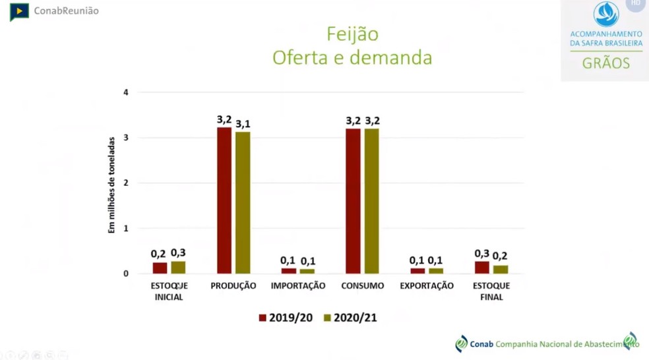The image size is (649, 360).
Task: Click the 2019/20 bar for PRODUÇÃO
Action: [224, 200]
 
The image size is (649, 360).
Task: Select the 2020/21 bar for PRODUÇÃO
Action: [243, 202]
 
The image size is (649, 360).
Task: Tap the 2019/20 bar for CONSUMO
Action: [353, 201]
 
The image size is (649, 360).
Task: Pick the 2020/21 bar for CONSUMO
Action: [372, 201]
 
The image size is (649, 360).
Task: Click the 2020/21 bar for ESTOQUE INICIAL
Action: [178, 267]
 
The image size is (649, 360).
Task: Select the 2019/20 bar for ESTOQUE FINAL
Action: [482, 267]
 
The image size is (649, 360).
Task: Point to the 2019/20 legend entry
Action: [286, 318]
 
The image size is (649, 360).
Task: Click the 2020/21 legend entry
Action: [350, 318]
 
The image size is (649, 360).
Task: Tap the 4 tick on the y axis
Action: [125, 92]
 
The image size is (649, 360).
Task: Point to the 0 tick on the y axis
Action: [125, 273]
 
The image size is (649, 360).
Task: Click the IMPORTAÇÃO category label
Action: [298, 286]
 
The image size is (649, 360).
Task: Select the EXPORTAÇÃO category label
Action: [427, 286]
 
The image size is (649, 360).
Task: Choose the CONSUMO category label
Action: [362, 286]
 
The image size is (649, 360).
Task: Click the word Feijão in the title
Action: [353, 34]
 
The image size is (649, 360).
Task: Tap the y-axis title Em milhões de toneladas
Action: [111, 185]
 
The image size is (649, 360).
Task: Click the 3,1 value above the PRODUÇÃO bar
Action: [243, 124]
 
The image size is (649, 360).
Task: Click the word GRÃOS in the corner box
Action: [605, 64]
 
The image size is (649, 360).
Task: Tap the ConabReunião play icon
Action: [19, 11]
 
